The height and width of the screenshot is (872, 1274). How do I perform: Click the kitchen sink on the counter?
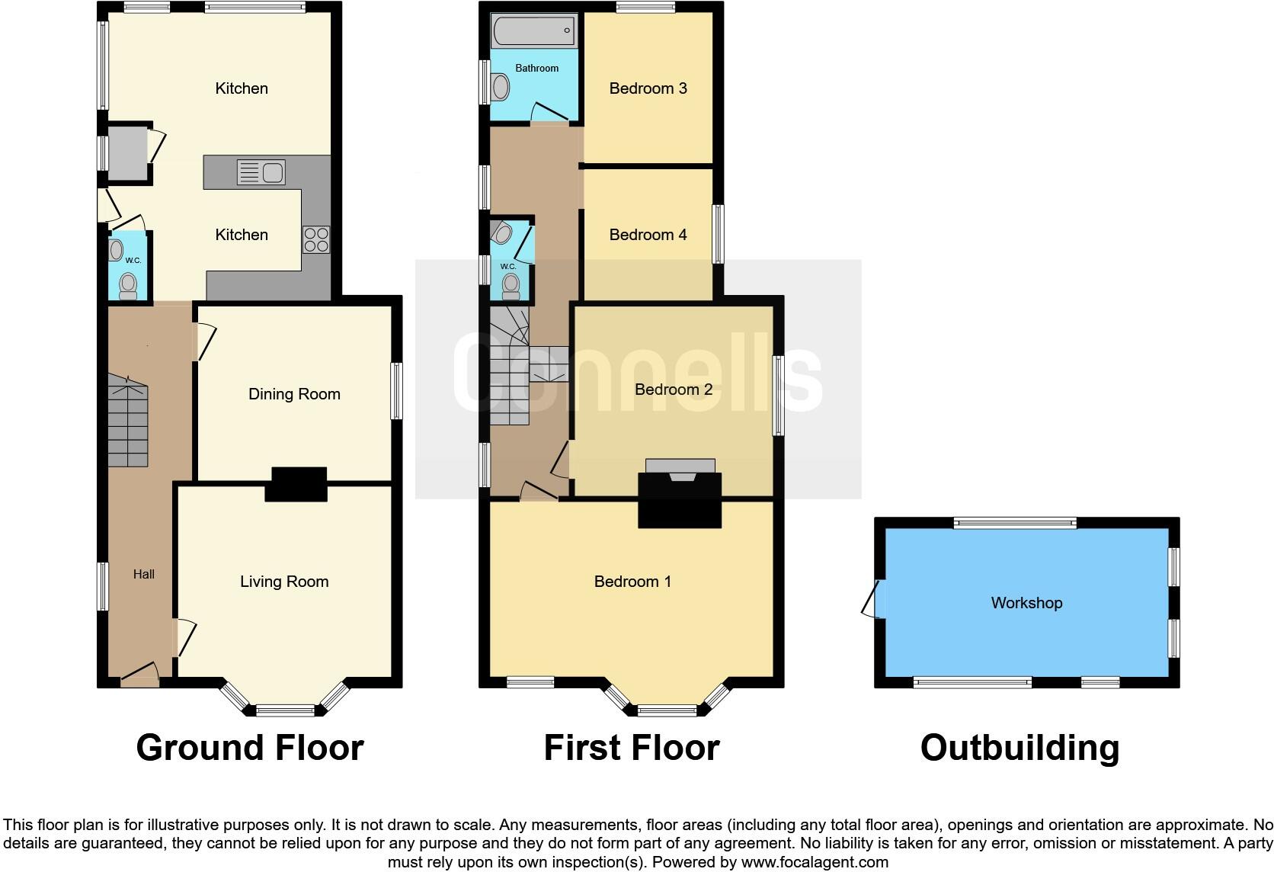(x=261, y=172)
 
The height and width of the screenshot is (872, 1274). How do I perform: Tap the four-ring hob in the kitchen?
(x=316, y=240)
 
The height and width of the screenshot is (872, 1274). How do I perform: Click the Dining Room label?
(x=294, y=394)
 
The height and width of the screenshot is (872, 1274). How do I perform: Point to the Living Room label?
(x=284, y=582)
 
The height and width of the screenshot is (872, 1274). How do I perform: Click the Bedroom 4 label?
(x=648, y=235)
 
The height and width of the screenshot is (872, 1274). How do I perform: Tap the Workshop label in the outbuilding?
(x=1026, y=603)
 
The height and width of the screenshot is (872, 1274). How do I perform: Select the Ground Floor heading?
(x=250, y=748)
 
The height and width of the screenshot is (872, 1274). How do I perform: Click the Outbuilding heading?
(x=1020, y=748)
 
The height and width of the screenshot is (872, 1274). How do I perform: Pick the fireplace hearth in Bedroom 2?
(x=680, y=466)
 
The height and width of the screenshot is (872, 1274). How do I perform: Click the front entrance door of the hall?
(x=139, y=672)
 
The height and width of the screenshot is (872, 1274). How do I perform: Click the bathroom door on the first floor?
(x=548, y=114)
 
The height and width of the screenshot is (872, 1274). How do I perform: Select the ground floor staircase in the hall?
(x=127, y=423)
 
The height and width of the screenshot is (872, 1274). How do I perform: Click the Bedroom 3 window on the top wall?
(x=645, y=8)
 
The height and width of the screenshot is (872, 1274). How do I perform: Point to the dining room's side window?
(x=396, y=391)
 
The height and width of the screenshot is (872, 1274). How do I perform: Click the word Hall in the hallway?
(x=143, y=575)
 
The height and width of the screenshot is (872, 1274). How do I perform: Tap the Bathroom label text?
(x=536, y=69)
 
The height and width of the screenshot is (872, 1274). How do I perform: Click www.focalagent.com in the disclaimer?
(x=814, y=863)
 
